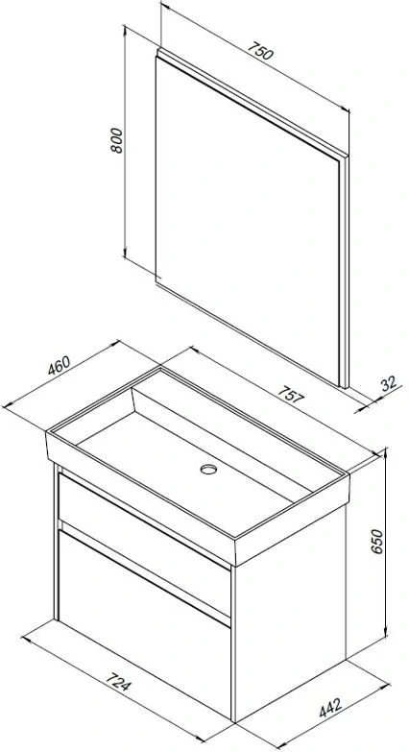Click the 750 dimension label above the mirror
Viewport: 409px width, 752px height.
pos(260,51)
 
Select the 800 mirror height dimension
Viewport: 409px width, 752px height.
pos(117,140)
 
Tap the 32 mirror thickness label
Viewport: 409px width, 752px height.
pos(390,383)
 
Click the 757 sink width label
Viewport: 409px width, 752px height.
pos(291,395)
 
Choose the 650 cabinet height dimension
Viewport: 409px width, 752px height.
pos(378,542)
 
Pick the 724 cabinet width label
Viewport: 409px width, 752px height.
pos(117,682)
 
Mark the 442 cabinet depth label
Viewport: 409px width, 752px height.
pos(331,708)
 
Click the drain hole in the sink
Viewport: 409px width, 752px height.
pos(208,469)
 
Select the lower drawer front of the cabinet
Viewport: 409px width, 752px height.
pos(144,623)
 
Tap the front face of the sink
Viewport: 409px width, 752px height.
pos(140,498)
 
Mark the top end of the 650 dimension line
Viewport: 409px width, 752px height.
pos(385,449)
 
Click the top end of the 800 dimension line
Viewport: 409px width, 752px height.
pos(125,26)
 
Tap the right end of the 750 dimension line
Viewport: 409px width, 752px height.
pos(349,110)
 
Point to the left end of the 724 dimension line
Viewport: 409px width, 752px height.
pos(22,638)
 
